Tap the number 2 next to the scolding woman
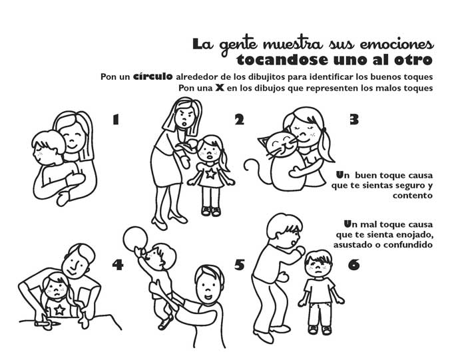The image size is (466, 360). [x=239, y=120]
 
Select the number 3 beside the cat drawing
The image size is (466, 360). [x=354, y=120]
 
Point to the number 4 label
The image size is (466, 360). [x=118, y=265]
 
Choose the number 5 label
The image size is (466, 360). [x=240, y=265]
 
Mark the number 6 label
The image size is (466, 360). [x=353, y=265]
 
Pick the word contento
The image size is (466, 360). [x=411, y=196]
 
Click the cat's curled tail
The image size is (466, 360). [x=252, y=167]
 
